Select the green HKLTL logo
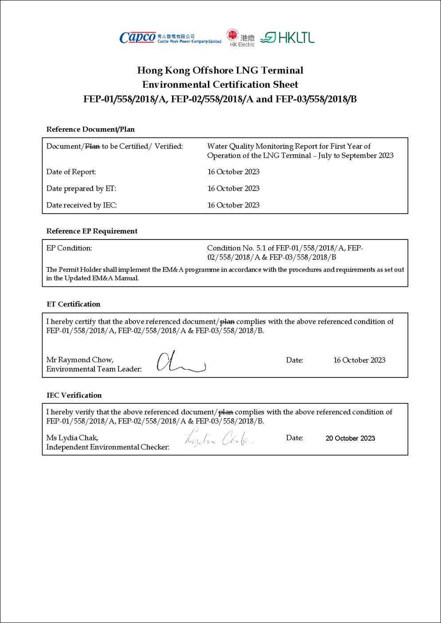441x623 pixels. pyautogui.click(x=287, y=38)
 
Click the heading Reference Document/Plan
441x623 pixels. pyautogui.click(x=90, y=129)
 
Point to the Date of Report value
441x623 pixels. pyautogui.click(x=233, y=172)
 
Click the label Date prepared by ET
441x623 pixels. pyautogui.click(x=81, y=188)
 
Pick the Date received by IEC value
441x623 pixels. pyautogui.click(x=233, y=205)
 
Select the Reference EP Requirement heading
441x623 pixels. pyautogui.click(x=92, y=231)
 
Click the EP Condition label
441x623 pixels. pyautogui.click(x=69, y=248)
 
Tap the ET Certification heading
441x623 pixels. pyautogui.click(x=74, y=304)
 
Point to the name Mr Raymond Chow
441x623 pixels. pyautogui.click(x=80, y=360)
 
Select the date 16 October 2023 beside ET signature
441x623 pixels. pyautogui.click(x=359, y=360)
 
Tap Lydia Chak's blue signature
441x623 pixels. pyautogui.click(x=219, y=438)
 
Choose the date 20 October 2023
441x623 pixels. pyautogui.click(x=350, y=438)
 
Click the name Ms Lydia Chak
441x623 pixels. pyautogui.click(x=72, y=438)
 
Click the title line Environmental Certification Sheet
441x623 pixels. pyautogui.click(x=220, y=85)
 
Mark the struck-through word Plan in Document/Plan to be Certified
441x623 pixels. pyautogui.click(x=92, y=146)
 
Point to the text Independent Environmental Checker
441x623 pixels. pyautogui.click(x=108, y=447)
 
